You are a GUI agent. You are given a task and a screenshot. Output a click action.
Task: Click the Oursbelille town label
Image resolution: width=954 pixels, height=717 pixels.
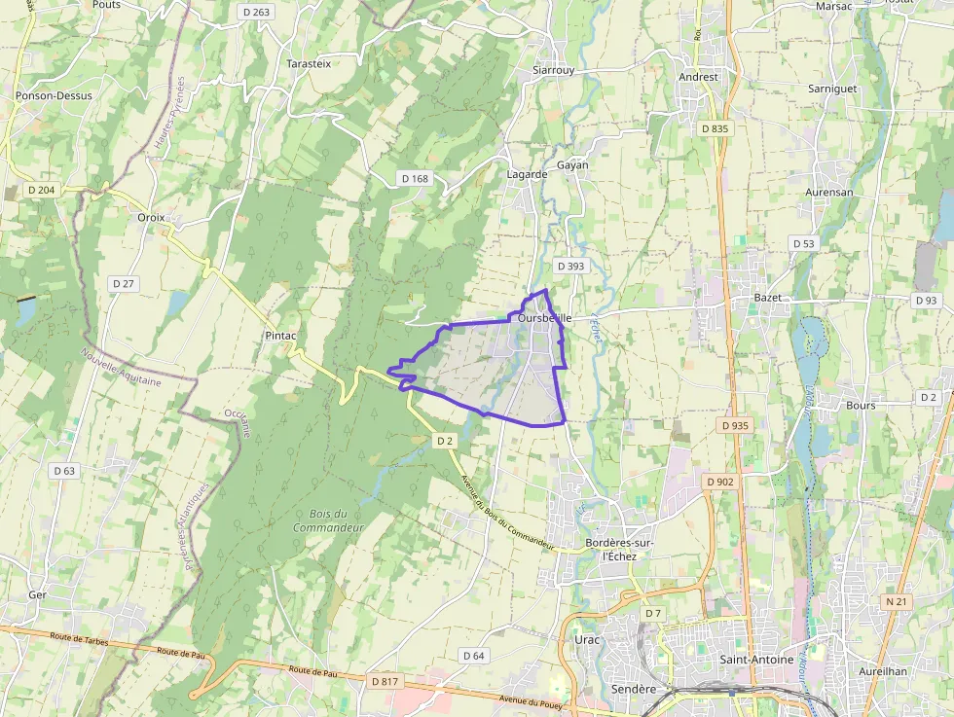pos(544,318)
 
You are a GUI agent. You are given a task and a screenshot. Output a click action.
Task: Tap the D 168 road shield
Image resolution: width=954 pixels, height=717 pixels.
pos(415,178)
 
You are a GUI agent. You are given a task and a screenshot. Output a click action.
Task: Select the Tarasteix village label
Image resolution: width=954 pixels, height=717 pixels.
pos(309,63)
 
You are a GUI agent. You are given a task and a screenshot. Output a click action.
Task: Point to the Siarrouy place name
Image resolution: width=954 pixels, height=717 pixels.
pos(554,71)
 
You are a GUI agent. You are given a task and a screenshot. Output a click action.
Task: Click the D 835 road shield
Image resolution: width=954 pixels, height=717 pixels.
pos(714,128)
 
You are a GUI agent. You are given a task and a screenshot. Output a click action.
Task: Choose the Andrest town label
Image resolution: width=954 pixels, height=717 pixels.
pos(698,77)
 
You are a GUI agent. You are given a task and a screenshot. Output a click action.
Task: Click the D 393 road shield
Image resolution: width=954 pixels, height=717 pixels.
pos(570,266)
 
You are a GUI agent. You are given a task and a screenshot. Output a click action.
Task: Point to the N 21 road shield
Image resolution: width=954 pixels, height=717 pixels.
pos(897,602)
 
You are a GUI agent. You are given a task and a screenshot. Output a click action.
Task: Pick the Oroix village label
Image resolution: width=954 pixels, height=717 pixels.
pos(152,218)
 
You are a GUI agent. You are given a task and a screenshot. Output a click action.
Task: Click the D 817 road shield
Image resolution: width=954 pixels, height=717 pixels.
pos(385,682)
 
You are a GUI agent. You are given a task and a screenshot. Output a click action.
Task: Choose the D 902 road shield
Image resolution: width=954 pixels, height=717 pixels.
pos(719,482)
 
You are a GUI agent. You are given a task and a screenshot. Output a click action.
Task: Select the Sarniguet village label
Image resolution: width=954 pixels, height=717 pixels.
pos(832,89)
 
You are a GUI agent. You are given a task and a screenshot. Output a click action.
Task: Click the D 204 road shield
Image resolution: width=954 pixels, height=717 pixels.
pos(41,190)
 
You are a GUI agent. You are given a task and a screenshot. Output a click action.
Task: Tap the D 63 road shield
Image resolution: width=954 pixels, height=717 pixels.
pos(64,471)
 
